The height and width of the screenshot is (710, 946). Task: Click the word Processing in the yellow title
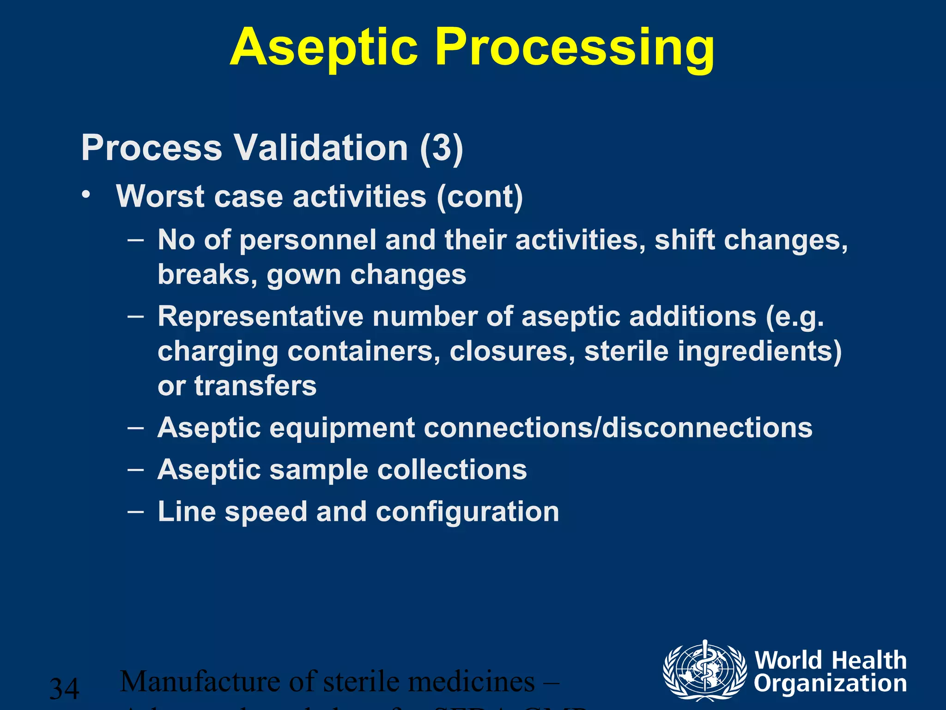(x=575, y=48)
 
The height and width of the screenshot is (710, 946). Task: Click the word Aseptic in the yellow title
(x=323, y=48)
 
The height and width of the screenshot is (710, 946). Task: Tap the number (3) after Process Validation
(x=441, y=148)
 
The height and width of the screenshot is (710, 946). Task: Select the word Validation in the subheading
(x=321, y=148)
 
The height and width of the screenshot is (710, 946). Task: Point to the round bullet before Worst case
(x=85, y=195)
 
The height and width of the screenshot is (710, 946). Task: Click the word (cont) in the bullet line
(x=479, y=196)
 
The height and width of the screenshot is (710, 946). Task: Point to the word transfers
(x=255, y=386)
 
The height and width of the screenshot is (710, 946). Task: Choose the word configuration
(x=467, y=512)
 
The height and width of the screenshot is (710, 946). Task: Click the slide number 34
(x=64, y=688)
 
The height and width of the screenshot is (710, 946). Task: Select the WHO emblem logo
(x=704, y=670)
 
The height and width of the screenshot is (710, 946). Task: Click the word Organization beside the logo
(x=830, y=684)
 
